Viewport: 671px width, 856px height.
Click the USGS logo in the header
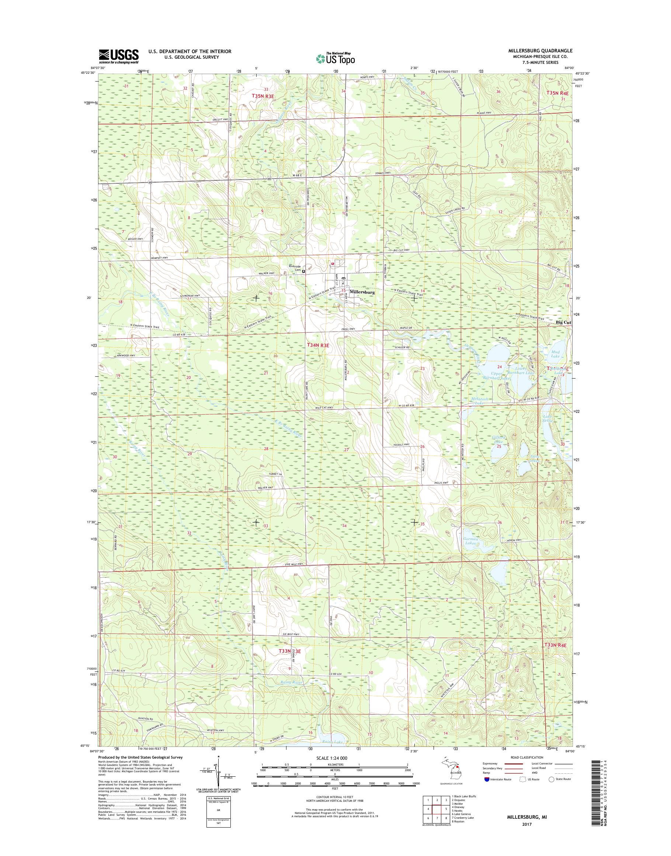coord(119,56)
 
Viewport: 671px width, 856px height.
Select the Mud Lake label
coord(555,354)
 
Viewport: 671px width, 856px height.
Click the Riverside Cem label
coord(295,268)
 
